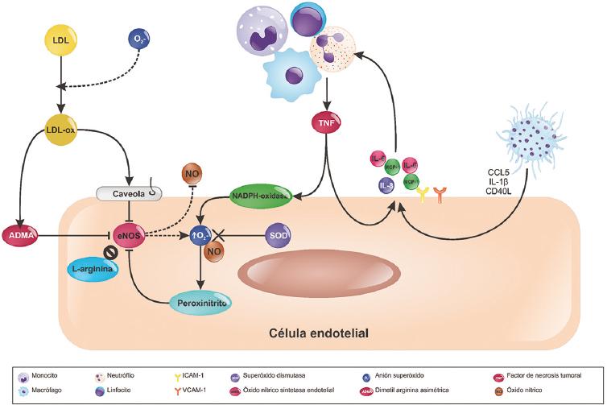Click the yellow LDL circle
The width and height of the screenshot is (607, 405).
coord(60,40)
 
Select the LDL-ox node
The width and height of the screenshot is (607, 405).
coord(60,130)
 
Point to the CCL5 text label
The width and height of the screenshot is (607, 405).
coord(501,172)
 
